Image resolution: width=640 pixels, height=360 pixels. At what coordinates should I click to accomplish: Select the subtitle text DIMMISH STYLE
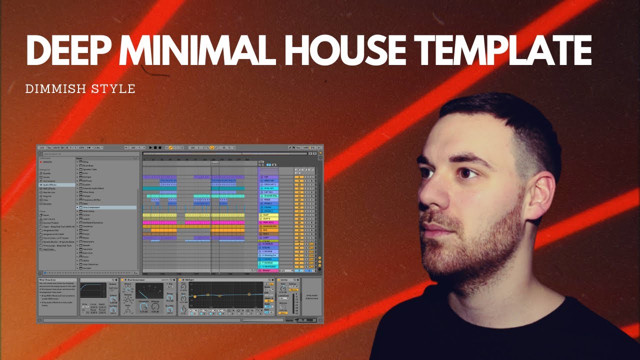click(80, 89)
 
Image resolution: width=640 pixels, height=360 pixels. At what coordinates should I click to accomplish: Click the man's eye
click(467, 173)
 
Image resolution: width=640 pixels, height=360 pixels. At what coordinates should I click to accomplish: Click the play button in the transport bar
click(150, 148)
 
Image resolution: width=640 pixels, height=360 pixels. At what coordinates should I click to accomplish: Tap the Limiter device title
click(285, 279)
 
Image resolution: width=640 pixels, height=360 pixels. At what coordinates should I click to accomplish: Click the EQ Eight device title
click(189, 279)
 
